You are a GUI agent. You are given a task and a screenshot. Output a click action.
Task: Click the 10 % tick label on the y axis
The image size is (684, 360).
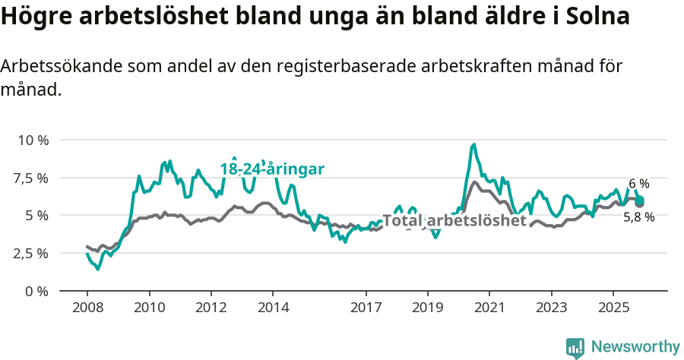33,141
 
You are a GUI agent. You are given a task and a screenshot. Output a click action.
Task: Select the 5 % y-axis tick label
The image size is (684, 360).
37,215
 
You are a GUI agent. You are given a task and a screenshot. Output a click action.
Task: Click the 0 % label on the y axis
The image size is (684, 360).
37,291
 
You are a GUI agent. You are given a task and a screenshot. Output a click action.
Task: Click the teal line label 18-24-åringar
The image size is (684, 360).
272,169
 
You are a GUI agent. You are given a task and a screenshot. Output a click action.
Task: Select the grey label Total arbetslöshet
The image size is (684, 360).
454,221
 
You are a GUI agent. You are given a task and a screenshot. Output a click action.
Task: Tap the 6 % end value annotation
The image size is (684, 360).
639,184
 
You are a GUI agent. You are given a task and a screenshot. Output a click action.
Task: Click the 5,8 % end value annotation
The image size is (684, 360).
638,217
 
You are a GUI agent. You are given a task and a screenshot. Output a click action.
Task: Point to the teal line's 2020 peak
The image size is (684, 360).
474,144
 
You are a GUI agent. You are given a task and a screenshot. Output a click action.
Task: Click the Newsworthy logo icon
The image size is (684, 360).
575,348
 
